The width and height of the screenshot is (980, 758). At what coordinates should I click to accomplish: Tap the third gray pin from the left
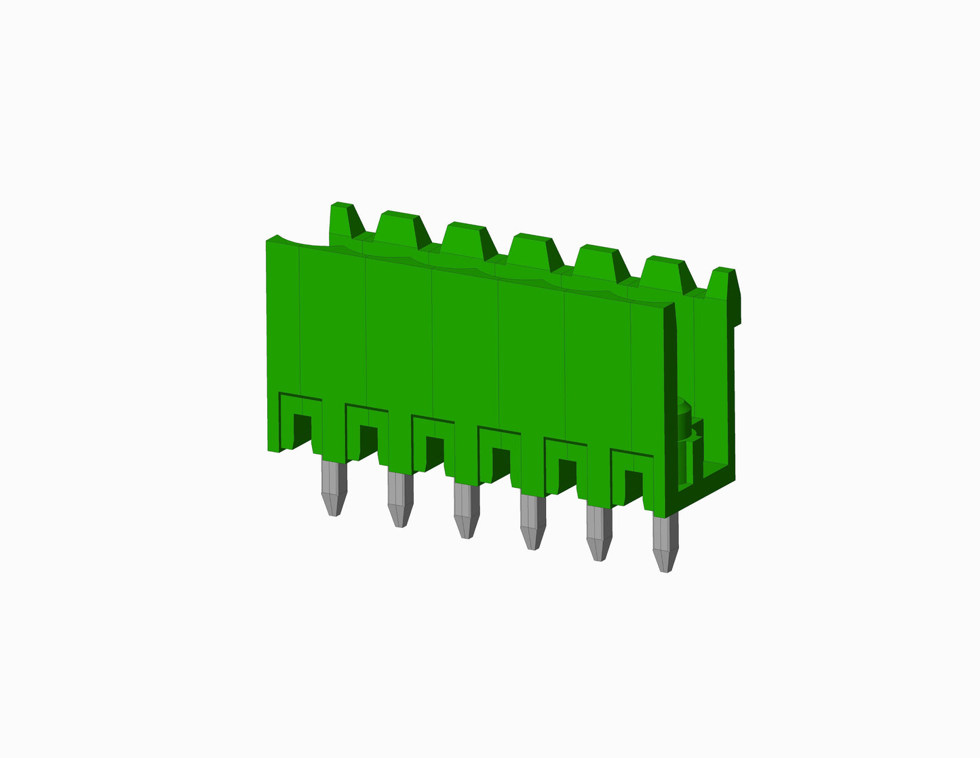tap(465, 510)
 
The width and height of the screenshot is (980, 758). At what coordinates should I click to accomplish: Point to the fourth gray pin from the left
tap(532, 521)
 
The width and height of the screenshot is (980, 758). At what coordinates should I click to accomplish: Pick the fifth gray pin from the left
tap(598, 533)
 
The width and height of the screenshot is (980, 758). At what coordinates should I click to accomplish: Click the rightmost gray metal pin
tap(665, 543)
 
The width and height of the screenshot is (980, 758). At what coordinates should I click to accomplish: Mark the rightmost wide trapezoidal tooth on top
tap(666, 275)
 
